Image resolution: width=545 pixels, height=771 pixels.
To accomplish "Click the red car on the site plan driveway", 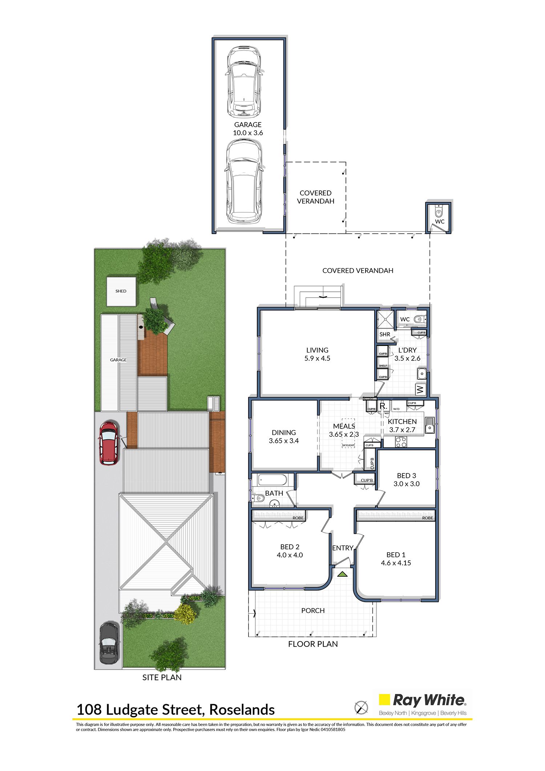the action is [108, 443].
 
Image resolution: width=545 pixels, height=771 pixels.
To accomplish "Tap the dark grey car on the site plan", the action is [109, 643].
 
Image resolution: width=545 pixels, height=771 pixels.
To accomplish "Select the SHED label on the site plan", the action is [121, 291].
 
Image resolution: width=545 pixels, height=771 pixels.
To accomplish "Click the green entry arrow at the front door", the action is [342, 574].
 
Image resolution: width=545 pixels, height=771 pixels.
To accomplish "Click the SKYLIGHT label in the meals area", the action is [348, 445].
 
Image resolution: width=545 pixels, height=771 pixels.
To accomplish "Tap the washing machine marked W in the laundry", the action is [421, 390].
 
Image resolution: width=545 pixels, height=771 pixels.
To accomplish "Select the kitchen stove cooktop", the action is [401, 442].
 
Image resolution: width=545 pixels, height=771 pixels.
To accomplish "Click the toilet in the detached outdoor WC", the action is [439, 211].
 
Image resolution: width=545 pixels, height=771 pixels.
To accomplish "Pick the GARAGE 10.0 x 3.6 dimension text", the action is [248, 133].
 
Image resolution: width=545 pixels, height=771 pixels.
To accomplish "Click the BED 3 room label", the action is [407, 476].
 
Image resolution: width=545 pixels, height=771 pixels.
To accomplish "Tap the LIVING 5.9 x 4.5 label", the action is [317, 354].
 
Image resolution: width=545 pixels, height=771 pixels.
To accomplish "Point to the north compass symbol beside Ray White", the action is [361, 707].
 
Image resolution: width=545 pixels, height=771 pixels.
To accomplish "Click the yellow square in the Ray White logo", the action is [384, 700].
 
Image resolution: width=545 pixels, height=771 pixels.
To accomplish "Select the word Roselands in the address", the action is [242, 710].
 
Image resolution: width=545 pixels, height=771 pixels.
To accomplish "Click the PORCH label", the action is [313, 610].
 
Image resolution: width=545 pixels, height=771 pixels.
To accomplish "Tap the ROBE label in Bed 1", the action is [428, 518].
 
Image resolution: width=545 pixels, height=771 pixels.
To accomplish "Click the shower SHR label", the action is [385, 334].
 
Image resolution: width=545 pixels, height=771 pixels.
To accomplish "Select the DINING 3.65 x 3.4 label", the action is [284, 437].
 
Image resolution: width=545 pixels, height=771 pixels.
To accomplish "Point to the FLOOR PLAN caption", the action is [313, 644].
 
